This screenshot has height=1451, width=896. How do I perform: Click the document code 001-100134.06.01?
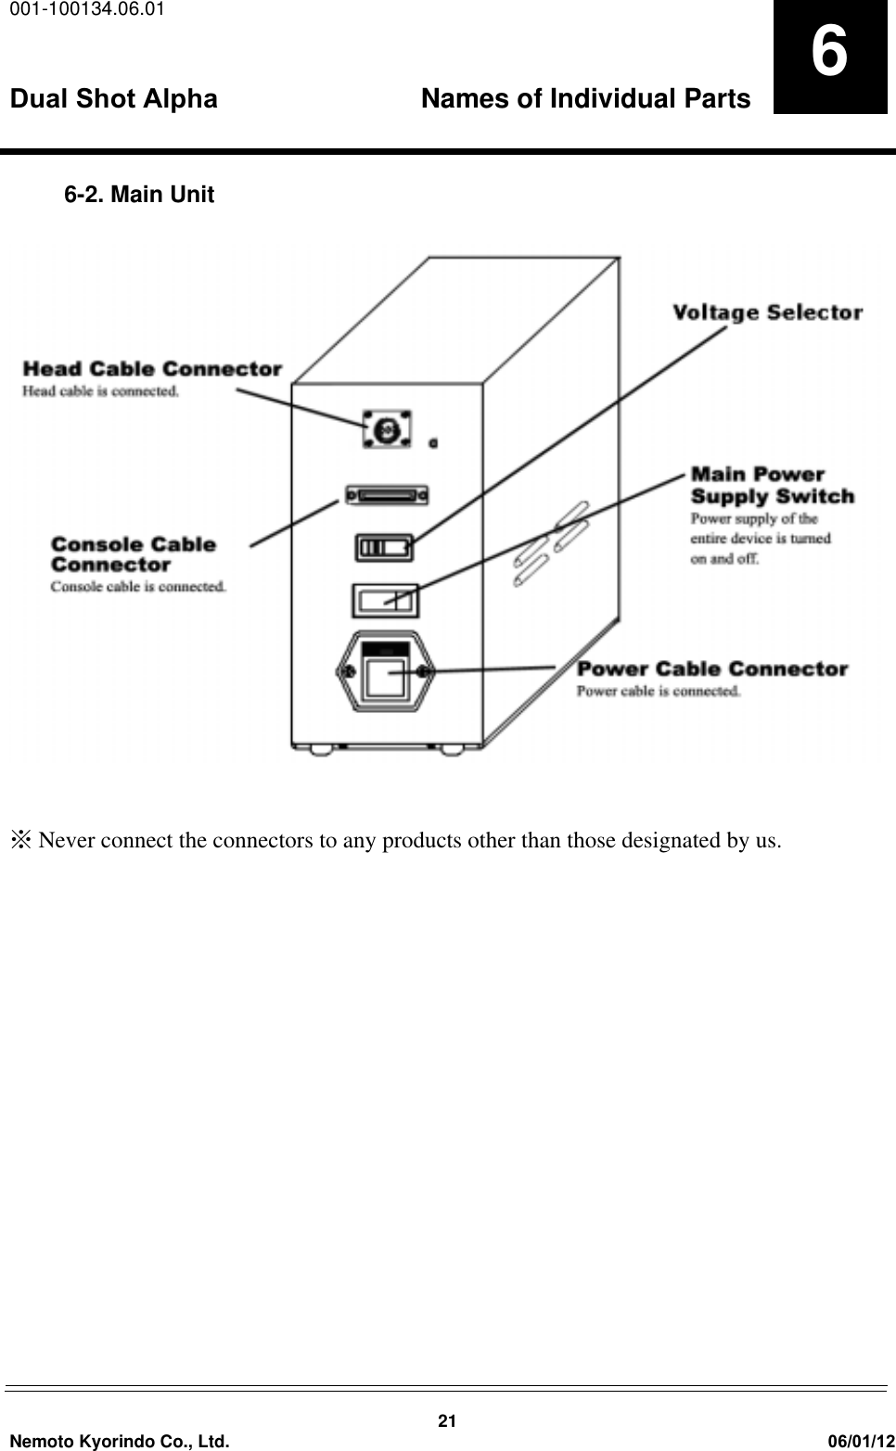pos(84,10)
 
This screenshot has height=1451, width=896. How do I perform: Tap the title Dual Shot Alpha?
pos(114,99)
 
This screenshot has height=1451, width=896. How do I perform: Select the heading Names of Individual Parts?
pos(585,99)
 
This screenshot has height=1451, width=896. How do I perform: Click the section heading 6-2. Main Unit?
pos(139,196)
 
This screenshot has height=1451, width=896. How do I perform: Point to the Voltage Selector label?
pos(767,312)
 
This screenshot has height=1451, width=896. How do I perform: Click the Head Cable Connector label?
pos(152,369)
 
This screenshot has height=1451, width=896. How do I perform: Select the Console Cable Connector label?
pos(133,554)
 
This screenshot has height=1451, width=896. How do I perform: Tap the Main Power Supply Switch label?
pos(772,486)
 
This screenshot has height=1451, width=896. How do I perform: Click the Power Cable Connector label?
pos(712,668)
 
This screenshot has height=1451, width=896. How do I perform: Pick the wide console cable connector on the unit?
pos(386,496)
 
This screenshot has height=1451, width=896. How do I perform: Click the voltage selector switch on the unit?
pos(384,547)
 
